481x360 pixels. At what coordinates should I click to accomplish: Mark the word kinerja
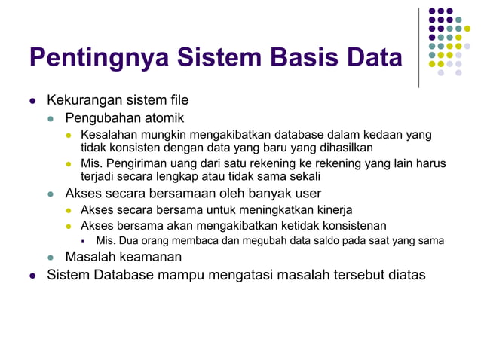[x=332, y=209]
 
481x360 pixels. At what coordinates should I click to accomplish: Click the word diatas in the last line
[x=406, y=275]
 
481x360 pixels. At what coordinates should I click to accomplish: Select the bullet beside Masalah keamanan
[x=51, y=258]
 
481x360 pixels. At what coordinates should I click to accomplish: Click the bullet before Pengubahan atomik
[x=51, y=118]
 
